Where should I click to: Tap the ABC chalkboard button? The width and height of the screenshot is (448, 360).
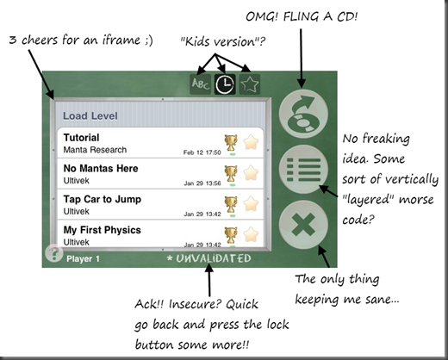tap(201, 84)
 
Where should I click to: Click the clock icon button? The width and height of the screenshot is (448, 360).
tap(225, 84)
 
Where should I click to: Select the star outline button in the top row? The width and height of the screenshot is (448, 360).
tap(250, 84)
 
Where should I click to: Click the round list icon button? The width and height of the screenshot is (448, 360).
tap(303, 170)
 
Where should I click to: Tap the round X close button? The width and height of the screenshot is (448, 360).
tap(303, 225)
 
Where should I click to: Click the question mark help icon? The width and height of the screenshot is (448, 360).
tap(54, 253)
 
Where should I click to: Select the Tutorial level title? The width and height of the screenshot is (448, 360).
tap(81, 138)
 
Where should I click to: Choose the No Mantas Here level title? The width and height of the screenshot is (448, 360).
tap(101, 168)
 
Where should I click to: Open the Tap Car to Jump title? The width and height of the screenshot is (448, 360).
tap(103, 199)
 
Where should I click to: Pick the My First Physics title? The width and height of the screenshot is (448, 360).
tap(102, 230)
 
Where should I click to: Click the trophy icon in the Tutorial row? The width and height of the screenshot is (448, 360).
tap(231, 143)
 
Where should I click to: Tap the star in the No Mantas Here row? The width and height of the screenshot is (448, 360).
tap(251, 173)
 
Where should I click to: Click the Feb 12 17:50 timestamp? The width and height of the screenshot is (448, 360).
tap(202, 152)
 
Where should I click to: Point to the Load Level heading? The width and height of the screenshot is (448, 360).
tap(90, 116)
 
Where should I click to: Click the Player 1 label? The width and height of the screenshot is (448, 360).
tap(83, 259)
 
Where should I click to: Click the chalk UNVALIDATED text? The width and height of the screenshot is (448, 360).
tap(209, 258)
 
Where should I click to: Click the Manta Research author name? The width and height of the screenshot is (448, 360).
tap(95, 150)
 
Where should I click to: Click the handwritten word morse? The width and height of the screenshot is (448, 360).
tap(416, 200)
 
